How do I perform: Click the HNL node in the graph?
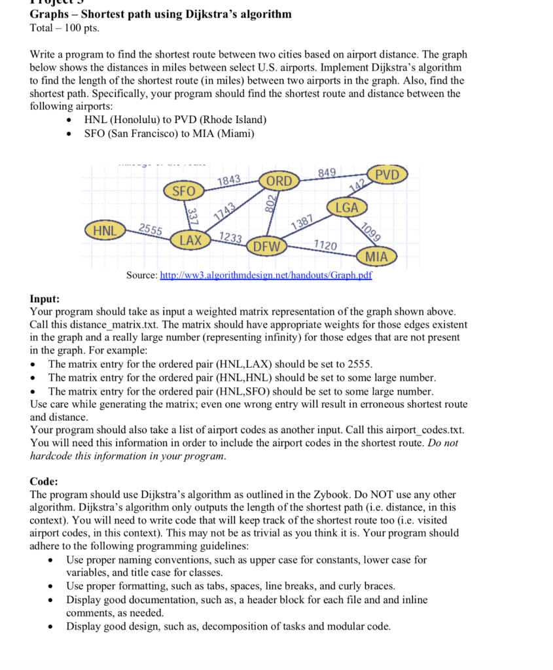click(x=104, y=231)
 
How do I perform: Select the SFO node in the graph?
click(x=184, y=191)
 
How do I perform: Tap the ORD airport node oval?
click(x=279, y=181)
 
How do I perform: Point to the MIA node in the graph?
click(x=376, y=256)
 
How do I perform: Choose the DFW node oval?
click(x=266, y=247)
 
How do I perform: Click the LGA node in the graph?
click(x=346, y=207)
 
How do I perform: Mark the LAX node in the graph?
click(x=190, y=240)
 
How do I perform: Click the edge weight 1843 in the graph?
click(x=228, y=180)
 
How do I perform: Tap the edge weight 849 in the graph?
click(x=327, y=173)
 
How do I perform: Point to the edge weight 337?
click(x=192, y=216)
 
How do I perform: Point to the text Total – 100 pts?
click(x=65, y=28)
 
